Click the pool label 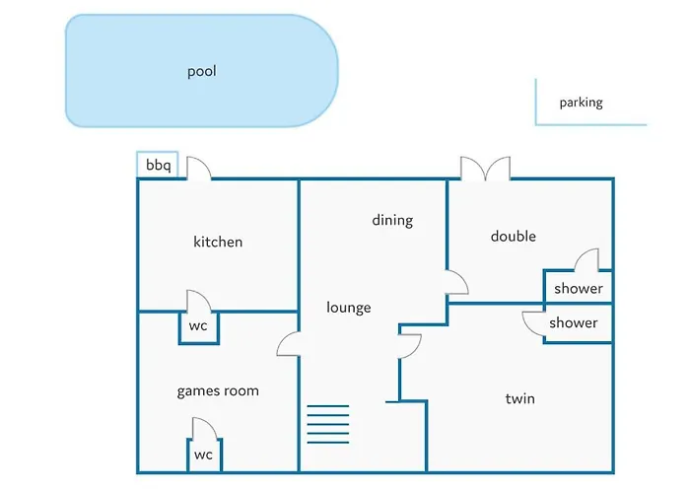coord(201,71)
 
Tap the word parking coord(581,103)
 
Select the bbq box coord(158,166)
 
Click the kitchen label coord(218,242)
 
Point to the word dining coord(392,220)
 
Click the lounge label coord(349,308)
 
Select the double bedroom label coord(514,237)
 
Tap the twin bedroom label coord(519,398)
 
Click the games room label coord(218,390)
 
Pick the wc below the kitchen coord(198,325)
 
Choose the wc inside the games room coord(203,455)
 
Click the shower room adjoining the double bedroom coord(578,289)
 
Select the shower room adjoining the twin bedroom coord(574,323)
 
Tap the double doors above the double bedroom coord(485,168)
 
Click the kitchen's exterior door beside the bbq coord(199,169)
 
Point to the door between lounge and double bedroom coord(456,282)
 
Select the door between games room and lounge coord(288,344)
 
